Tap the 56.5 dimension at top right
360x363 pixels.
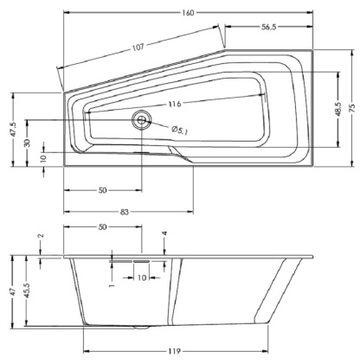click(267, 27)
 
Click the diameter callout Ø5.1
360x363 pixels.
click(180, 130)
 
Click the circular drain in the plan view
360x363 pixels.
click(140, 120)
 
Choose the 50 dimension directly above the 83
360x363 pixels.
click(102, 189)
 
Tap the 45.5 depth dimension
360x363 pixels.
click(28, 292)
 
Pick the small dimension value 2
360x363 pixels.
click(41, 237)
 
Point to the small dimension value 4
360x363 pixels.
click(164, 234)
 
